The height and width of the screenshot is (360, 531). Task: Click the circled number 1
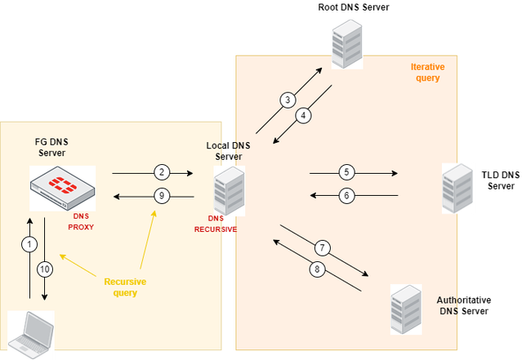[30, 245]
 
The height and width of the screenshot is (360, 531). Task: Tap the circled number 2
[162, 172]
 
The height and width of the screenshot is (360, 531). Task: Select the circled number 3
[287, 100]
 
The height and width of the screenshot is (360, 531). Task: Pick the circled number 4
[303, 116]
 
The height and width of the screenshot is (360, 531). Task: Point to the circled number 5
[346, 172]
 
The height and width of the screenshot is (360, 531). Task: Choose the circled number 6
[346, 196]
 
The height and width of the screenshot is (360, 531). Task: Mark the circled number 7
[322, 247]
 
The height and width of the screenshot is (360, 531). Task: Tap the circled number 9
[162, 196]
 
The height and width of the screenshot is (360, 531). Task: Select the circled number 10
[44, 269]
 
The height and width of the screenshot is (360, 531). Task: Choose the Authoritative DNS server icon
[405, 309]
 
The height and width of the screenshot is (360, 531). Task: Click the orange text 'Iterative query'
[425, 73]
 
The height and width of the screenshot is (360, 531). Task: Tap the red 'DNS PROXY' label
[81, 221]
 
